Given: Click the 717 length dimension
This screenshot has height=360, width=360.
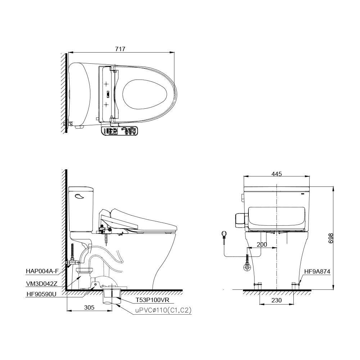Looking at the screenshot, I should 120,49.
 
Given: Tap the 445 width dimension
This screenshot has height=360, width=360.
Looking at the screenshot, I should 276,174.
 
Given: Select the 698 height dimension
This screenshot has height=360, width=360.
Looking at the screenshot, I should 331,238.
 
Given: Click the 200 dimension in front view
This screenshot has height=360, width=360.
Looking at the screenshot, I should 262,244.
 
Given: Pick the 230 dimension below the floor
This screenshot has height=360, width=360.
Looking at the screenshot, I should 276,300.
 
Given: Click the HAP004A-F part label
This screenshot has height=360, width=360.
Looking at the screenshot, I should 42,271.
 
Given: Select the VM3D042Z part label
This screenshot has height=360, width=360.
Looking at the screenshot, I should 41,284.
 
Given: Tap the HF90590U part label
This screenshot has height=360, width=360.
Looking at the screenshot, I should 41,294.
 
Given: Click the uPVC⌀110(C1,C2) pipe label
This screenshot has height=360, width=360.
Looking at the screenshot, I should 163,310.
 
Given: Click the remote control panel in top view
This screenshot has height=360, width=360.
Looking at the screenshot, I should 120,131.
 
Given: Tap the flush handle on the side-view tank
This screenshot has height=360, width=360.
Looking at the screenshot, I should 79,196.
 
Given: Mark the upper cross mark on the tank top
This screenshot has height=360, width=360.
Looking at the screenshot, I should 106,84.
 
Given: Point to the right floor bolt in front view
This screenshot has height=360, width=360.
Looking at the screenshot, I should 294,285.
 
